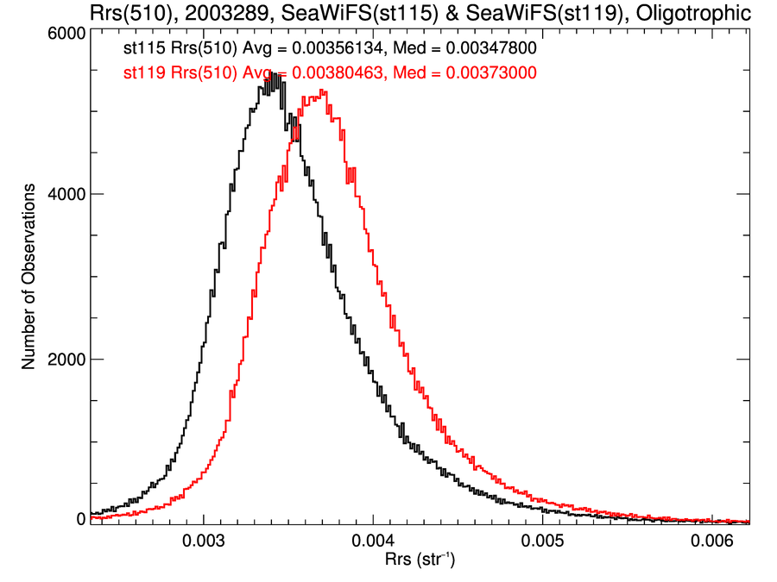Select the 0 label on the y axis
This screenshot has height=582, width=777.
coord(79,519)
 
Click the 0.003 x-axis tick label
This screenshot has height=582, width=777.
coord(204,543)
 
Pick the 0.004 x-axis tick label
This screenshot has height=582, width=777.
coord(373,543)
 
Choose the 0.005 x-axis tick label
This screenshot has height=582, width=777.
coord(542,543)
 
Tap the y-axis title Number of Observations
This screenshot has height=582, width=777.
coord(28,276)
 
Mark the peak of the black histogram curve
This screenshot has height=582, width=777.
coord(274,74)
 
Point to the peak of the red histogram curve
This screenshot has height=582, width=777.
coord(322,91)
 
